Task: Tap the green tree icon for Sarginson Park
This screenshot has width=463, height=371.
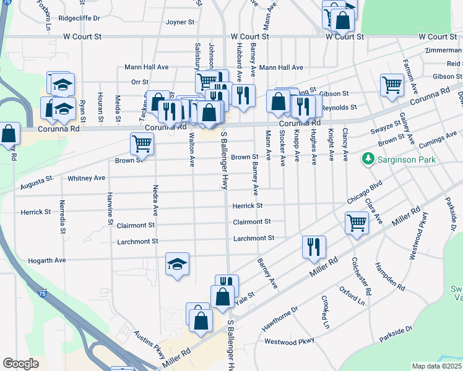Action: point(368,160)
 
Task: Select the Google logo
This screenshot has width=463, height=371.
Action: point(20,364)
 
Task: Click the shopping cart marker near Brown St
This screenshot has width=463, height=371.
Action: point(142,144)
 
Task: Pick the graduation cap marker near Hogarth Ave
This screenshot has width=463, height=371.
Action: point(177,265)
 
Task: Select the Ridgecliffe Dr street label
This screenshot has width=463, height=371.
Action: point(79,18)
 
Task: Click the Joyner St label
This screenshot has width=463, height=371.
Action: point(180,22)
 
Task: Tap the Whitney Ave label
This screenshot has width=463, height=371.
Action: point(87,178)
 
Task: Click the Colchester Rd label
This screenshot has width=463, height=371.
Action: point(361,275)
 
